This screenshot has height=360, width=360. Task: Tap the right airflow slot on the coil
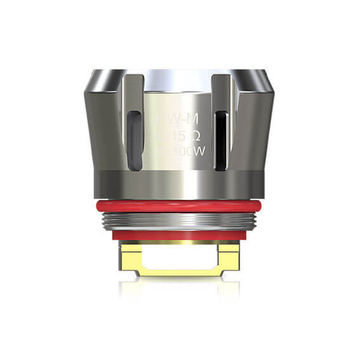[x=220, y=141]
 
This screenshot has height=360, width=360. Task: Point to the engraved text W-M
[x=180, y=118]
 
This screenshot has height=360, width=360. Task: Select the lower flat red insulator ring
[x=180, y=235]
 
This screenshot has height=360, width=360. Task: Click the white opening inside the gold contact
[x=180, y=256]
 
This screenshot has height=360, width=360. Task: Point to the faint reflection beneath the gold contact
[x=180, y=289]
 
